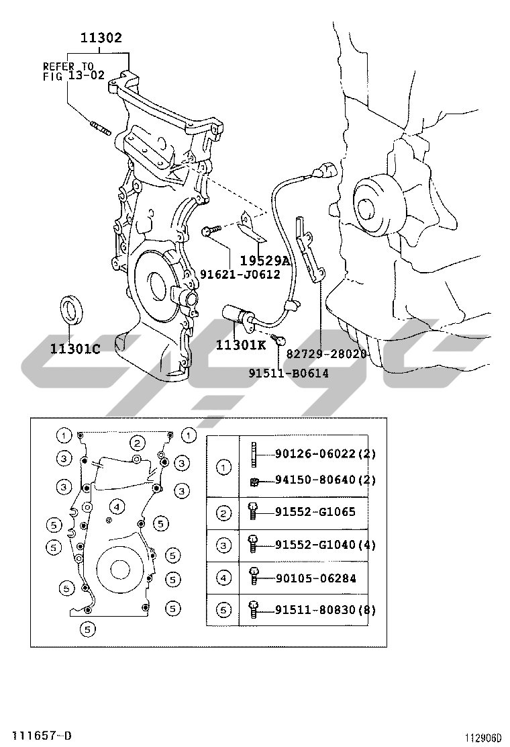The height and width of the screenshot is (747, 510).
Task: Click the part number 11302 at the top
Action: (x=101, y=38)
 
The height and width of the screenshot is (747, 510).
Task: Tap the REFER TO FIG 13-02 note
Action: (x=74, y=71)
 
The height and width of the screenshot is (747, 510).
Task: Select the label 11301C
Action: (x=74, y=349)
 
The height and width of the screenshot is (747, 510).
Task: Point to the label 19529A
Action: (x=264, y=261)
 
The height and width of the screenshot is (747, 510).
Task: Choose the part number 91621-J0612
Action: (x=240, y=274)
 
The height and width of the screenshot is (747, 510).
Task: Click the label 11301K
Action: (x=241, y=345)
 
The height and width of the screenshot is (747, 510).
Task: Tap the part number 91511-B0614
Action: (x=289, y=373)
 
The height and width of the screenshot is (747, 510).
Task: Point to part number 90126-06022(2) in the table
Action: (x=325, y=454)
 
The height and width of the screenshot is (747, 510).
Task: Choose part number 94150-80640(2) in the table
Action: (x=325, y=480)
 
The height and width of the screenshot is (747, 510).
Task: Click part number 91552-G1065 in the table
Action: (x=315, y=512)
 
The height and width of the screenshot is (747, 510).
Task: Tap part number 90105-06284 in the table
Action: (x=315, y=578)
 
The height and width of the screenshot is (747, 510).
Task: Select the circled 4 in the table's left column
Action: (x=223, y=578)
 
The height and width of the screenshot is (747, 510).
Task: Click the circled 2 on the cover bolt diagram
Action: (x=137, y=442)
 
